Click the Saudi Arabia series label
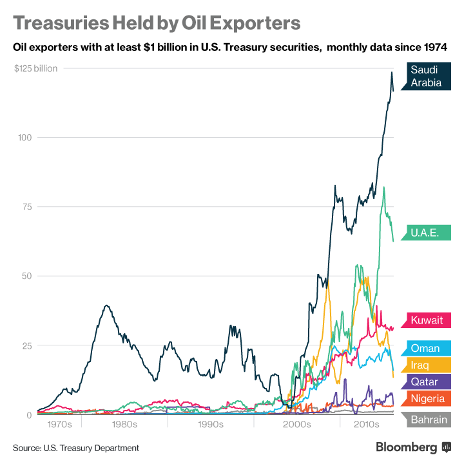(426, 76)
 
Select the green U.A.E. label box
(427, 233)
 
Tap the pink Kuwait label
(427, 320)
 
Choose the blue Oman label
(426, 349)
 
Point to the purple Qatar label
(425, 382)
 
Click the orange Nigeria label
(427, 398)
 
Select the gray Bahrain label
(429, 420)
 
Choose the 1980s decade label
(124, 425)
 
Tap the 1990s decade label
(210, 425)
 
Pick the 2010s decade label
(367, 425)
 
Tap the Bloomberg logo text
(407, 447)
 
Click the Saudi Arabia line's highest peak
(391, 72)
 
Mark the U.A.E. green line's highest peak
(383, 188)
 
